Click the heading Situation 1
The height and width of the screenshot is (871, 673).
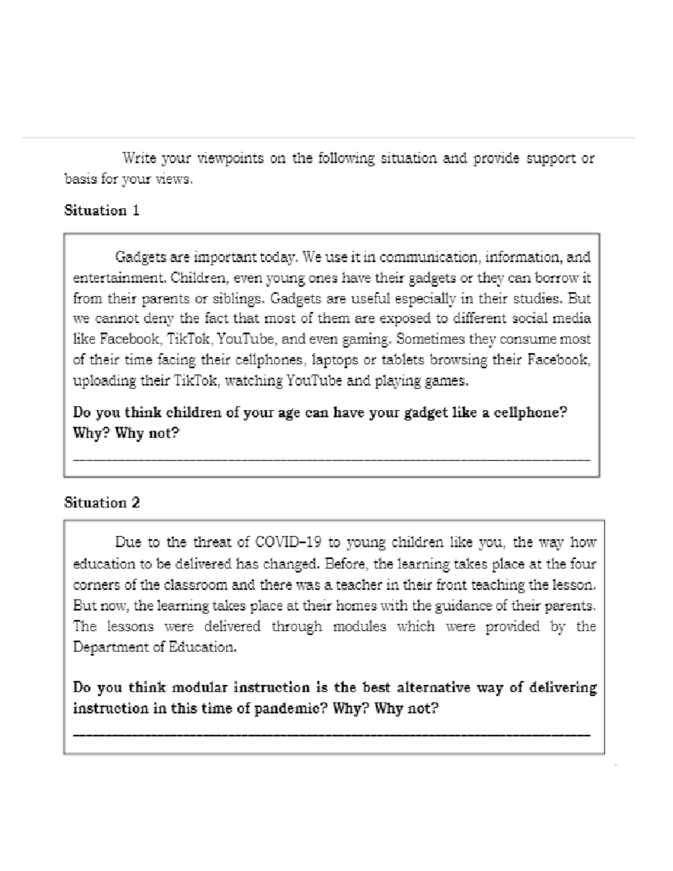click(x=102, y=211)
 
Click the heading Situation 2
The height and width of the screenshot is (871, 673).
click(x=102, y=503)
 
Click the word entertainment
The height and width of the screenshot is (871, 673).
click(x=119, y=278)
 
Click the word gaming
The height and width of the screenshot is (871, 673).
click(x=368, y=339)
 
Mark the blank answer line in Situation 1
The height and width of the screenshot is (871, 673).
click(x=331, y=459)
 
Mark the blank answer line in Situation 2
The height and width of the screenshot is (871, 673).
click(x=331, y=734)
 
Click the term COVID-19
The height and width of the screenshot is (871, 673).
click(x=288, y=542)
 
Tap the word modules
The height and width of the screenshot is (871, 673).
click(x=359, y=626)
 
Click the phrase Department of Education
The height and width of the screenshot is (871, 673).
click(x=155, y=647)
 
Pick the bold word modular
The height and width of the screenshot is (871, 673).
click(x=199, y=688)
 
